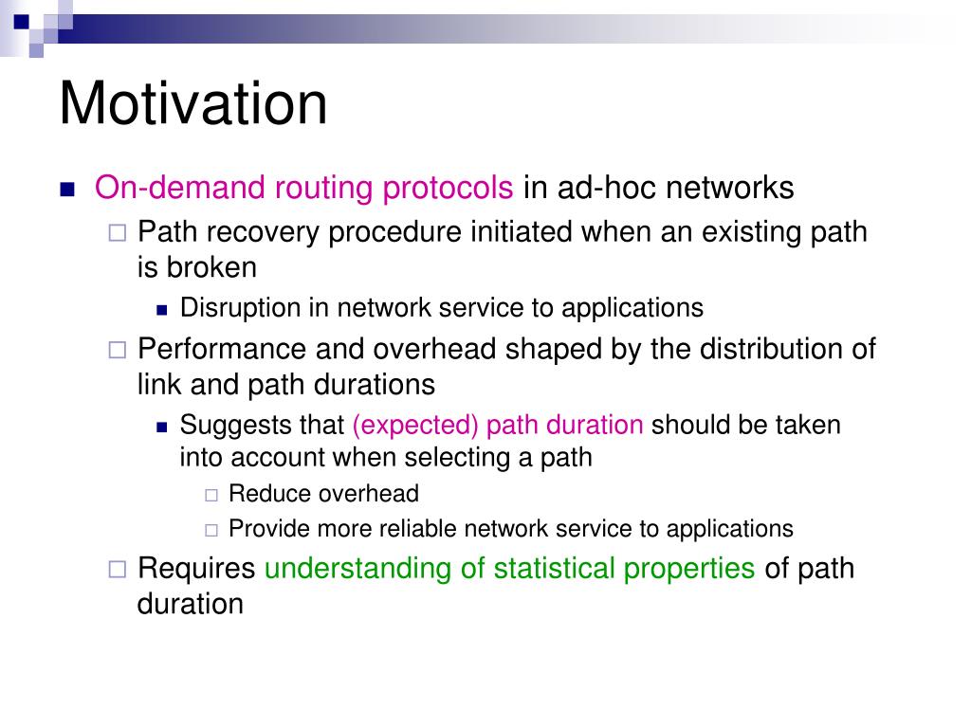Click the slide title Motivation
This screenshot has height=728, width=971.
(193, 103)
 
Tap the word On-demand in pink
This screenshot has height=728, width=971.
(179, 187)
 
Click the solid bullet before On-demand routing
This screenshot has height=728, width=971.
(67, 189)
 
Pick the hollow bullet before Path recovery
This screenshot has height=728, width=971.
(117, 233)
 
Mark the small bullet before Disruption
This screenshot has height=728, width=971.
(162, 310)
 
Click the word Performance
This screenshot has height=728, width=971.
(222, 349)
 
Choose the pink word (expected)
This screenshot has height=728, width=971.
(415, 426)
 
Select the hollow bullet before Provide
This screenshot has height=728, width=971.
(211, 531)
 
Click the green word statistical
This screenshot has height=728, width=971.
(554, 569)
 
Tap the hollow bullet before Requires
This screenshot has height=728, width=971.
(117, 569)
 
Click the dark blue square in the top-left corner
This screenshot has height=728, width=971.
(21, 22)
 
